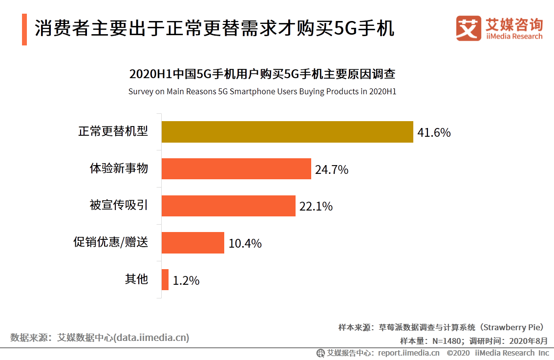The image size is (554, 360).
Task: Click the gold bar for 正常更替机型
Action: point(287,132)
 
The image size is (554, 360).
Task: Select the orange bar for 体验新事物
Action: point(236,169)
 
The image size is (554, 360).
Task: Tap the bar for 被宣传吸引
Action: point(228,206)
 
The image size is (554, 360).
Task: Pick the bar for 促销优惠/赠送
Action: point(192,243)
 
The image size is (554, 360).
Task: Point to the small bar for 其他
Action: point(165,280)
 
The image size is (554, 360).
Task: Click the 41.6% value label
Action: point(434,132)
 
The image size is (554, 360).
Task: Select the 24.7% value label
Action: point(331,169)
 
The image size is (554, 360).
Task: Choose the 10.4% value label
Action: point(245,243)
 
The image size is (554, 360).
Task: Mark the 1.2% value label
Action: point(186,280)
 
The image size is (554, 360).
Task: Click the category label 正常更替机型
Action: point(113,131)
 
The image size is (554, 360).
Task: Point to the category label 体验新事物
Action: point(119,169)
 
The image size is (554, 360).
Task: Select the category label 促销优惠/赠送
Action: point(110,242)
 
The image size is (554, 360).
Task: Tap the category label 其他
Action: point(136,279)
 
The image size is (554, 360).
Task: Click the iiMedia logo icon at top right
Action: point(468,28)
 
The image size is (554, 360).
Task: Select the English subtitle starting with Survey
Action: point(262,91)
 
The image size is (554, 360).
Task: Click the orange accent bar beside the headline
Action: point(24,29)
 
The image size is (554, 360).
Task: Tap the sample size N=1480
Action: point(447,340)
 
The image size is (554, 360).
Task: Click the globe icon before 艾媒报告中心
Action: point(320,353)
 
